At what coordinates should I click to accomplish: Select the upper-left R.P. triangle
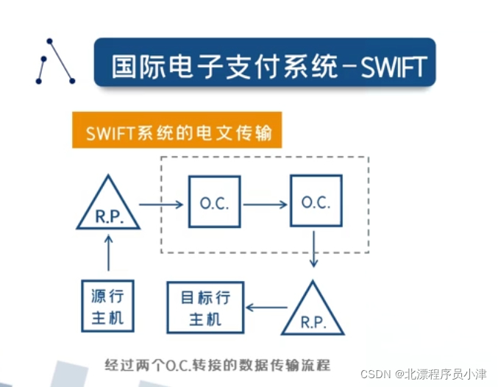coord(108,207)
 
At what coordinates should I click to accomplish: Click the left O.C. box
coord(214,203)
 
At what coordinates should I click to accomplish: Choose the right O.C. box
coord(316,202)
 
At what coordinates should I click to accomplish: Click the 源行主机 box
coord(108,307)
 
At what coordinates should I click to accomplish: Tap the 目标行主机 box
coord(205,308)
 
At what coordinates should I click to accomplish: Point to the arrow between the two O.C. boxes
coord(265,204)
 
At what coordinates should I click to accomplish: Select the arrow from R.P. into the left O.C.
coord(161,204)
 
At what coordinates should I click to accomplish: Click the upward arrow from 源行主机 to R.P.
coord(109,252)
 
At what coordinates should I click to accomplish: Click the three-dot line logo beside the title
coord(55,61)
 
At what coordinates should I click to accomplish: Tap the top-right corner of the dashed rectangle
coord(368,157)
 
